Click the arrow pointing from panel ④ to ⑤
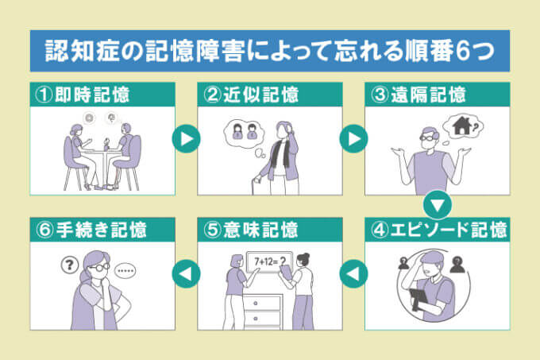(353, 274)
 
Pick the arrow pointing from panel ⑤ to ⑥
(186, 274)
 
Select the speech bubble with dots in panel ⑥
(128, 270)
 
